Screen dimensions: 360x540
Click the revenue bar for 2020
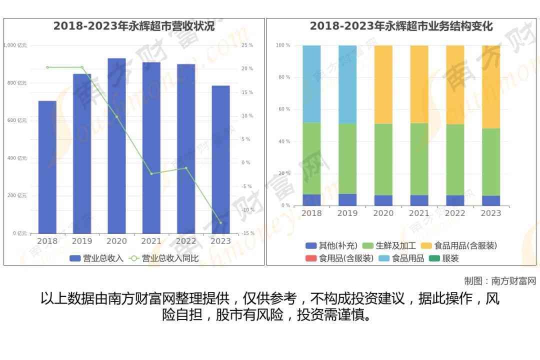[x=116, y=145]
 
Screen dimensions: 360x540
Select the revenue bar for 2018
[x=47, y=167]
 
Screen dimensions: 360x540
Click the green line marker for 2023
[x=220, y=223]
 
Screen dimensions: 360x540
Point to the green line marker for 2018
[x=47, y=67]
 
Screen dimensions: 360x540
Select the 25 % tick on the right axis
[x=247, y=45]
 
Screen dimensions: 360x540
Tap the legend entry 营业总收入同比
[x=164, y=258]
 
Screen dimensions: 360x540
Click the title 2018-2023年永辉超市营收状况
[x=134, y=26]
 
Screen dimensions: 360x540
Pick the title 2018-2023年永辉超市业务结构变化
[x=401, y=26]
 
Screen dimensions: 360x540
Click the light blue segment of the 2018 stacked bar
[x=311, y=84]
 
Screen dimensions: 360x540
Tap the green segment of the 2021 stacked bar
[x=419, y=159]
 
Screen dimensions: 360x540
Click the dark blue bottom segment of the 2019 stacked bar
[x=347, y=200]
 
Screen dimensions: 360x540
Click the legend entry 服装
[x=444, y=258]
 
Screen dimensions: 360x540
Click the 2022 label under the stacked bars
[x=455, y=213]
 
